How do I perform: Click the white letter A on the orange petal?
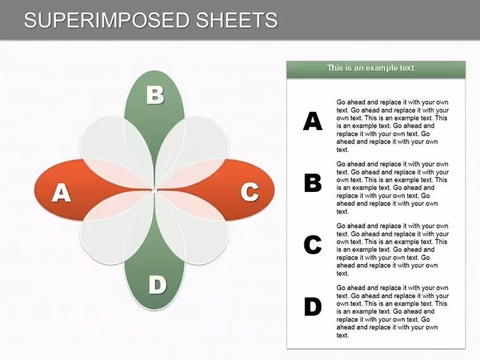click(62, 193)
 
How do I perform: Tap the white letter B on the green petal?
click(155, 95)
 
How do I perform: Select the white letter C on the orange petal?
click(250, 192)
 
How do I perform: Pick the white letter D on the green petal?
click(157, 285)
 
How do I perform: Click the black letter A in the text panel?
click(313, 121)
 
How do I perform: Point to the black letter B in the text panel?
click(313, 183)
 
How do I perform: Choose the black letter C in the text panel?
click(313, 244)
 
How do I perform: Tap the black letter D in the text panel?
click(313, 306)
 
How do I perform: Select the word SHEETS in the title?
click(237, 20)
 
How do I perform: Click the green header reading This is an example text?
click(376, 69)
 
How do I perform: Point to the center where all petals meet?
click(154, 190)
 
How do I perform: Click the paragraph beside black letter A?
click(392, 126)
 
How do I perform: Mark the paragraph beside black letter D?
click(392, 311)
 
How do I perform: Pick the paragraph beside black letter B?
click(392, 188)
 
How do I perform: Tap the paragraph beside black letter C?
click(392, 249)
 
